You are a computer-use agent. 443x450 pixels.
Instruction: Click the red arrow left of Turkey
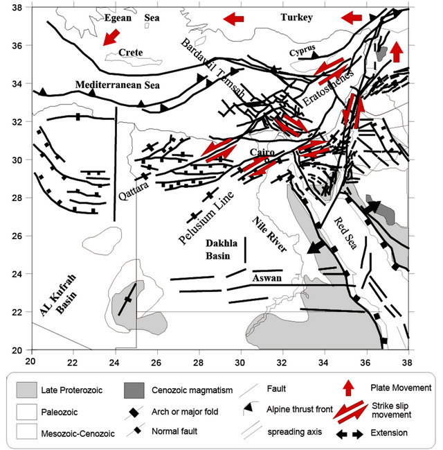click(233, 17)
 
